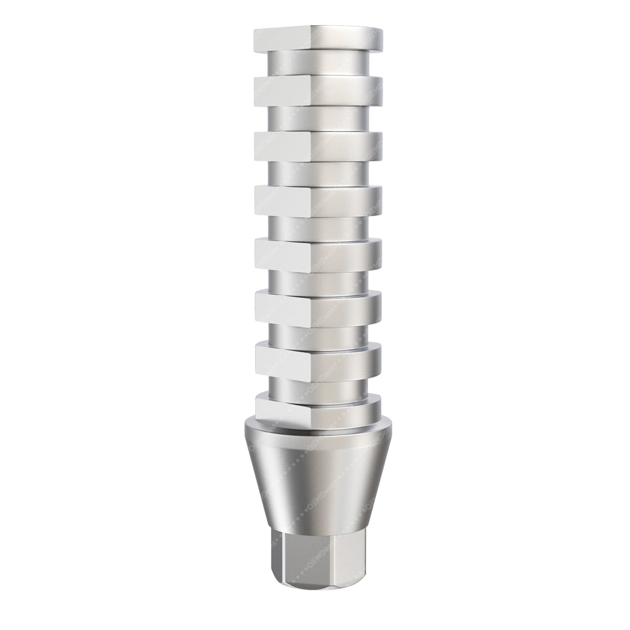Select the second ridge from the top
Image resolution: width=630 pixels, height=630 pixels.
click(x=318, y=91)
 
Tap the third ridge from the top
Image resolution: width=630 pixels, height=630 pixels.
click(x=318, y=146)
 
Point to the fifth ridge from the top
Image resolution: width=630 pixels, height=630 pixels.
click(x=318, y=255)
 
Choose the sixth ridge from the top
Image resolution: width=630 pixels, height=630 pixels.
click(x=318, y=309)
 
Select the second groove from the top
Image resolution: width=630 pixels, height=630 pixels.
click(x=318, y=118)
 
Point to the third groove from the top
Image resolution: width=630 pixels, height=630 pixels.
click(x=318, y=173)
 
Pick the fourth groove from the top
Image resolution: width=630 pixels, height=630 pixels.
click(x=318, y=227)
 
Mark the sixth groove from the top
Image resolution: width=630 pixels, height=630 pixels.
click(x=318, y=335)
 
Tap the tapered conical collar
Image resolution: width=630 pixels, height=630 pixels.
click(x=318, y=485)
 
